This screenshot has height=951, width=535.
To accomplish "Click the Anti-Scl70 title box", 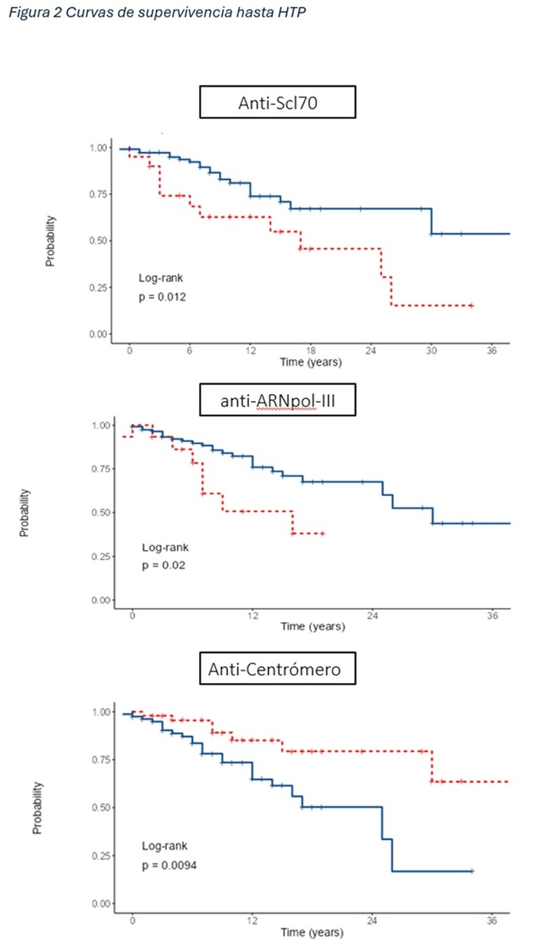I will click(x=277, y=104).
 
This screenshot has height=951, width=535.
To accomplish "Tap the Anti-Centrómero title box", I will click(x=277, y=670).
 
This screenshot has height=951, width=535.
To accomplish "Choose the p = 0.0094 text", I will click(x=170, y=865).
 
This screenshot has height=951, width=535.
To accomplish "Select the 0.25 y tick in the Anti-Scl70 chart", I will click(x=99, y=288).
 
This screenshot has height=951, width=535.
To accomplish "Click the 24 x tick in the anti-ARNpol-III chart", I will click(x=373, y=616).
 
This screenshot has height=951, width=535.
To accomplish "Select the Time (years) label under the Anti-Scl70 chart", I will click(x=311, y=362).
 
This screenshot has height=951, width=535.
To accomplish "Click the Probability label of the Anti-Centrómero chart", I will click(x=37, y=807).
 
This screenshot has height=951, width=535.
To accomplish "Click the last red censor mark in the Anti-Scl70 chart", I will click(x=472, y=305).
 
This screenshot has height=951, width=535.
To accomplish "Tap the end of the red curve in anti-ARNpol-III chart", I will click(x=323, y=533).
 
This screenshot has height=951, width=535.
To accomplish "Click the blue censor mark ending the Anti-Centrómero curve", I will click(x=472, y=871).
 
